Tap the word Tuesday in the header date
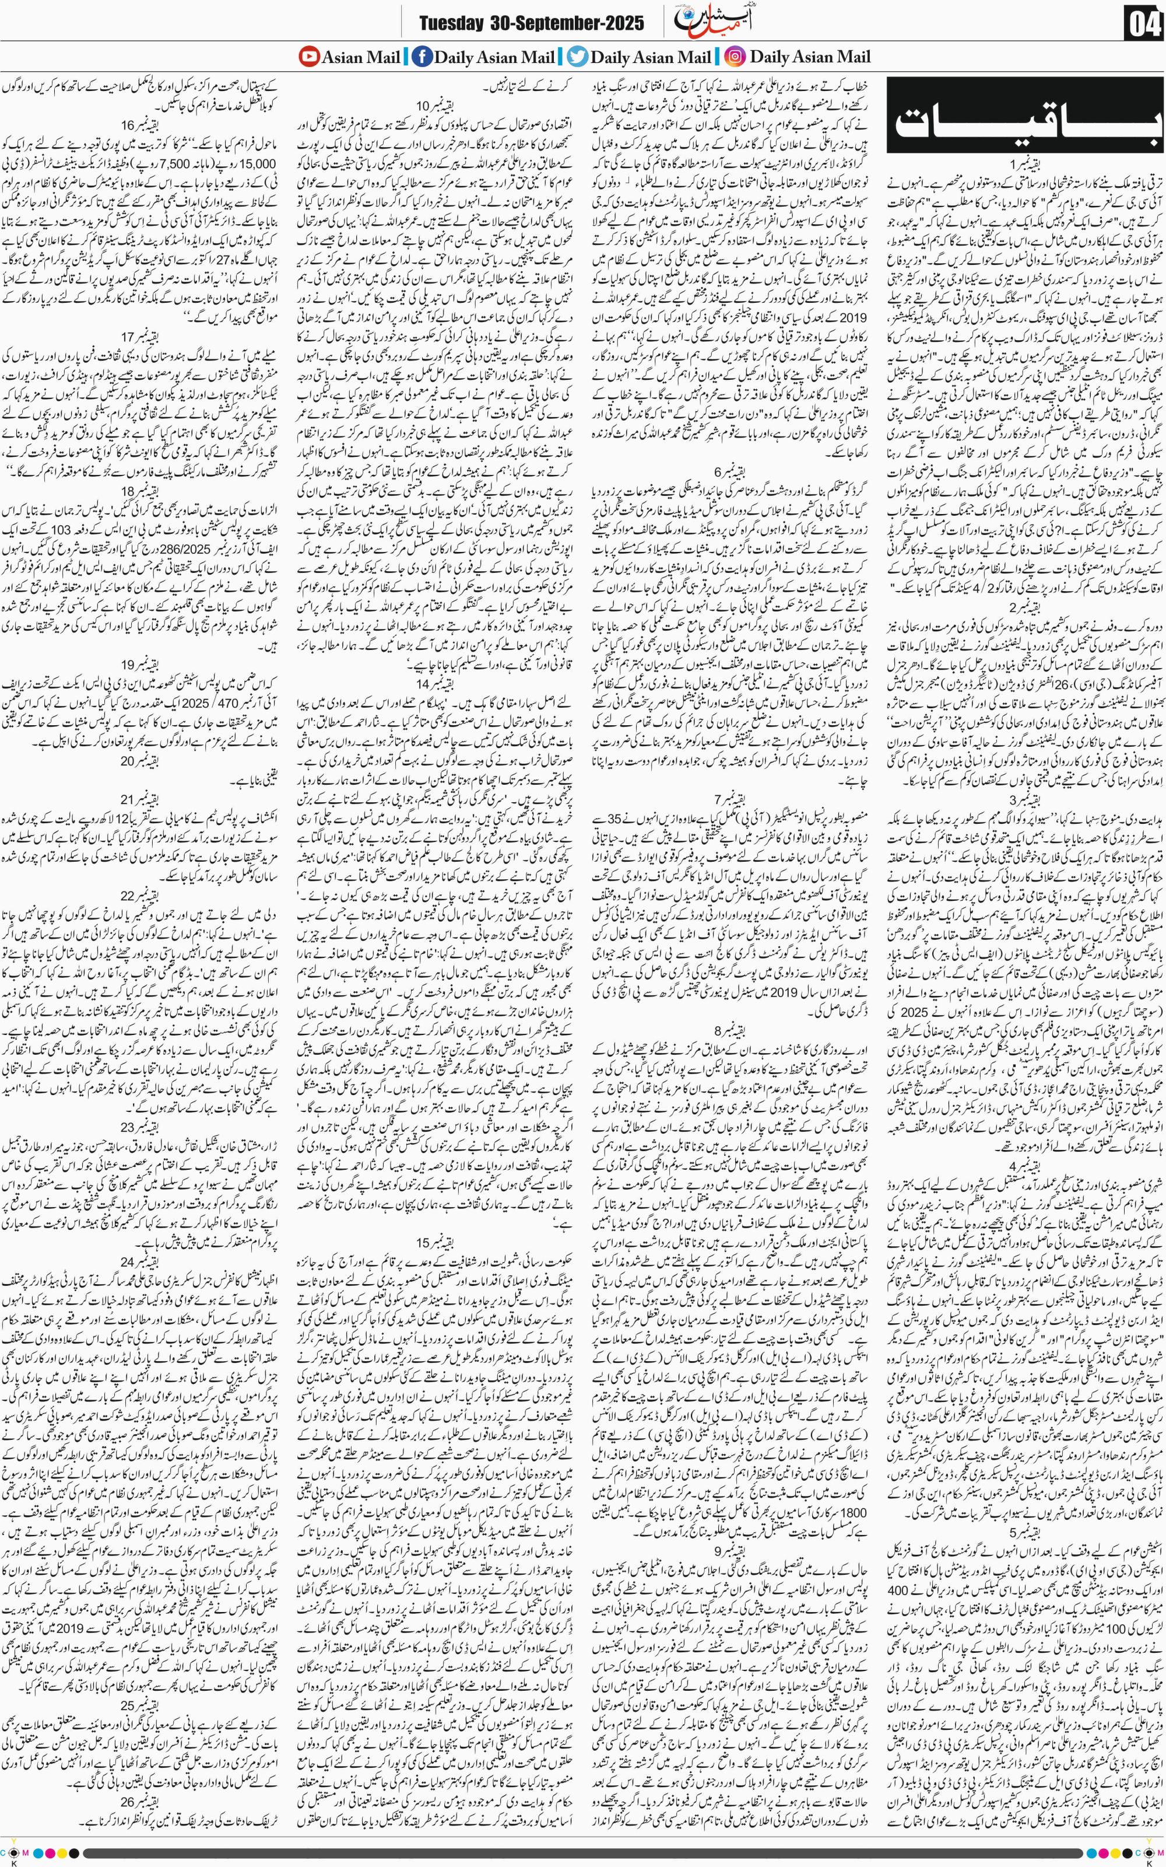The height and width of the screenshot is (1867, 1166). [x=451, y=23]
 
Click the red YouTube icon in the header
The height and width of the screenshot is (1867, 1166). [x=308, y=57]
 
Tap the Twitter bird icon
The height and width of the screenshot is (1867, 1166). [x=578, y=57]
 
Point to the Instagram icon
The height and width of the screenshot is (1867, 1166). [x=736, y=57]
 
